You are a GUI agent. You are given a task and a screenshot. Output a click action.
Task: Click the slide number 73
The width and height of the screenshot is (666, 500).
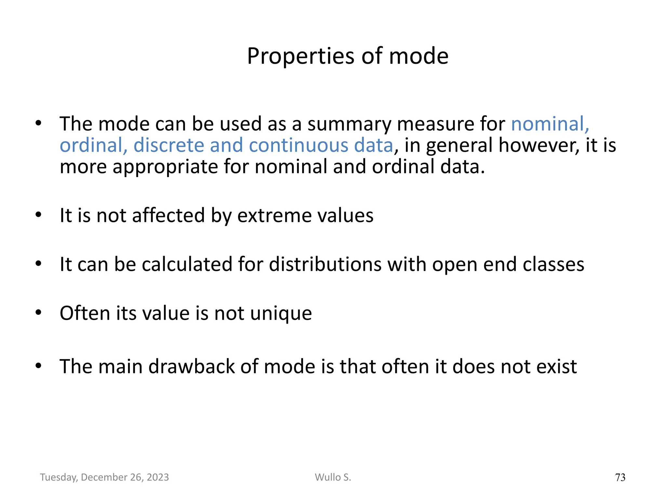tap(620, 477)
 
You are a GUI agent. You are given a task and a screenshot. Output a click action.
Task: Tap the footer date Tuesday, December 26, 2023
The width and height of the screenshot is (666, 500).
tap(104, 477)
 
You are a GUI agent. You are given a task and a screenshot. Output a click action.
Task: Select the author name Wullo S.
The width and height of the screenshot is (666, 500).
tap(333, 477)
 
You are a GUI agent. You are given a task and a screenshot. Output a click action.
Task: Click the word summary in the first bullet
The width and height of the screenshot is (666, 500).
tap(349, 124)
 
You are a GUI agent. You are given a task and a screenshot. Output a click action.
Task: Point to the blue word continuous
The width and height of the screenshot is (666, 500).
tap(299, 145)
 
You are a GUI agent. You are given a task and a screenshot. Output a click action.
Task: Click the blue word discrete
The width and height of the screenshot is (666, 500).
tap(169, 145)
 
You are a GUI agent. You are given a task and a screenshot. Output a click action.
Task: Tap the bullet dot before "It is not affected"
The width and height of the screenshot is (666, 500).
tap(38, 215)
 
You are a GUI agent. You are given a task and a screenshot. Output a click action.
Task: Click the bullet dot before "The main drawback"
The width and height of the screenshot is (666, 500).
tap(38, 366)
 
